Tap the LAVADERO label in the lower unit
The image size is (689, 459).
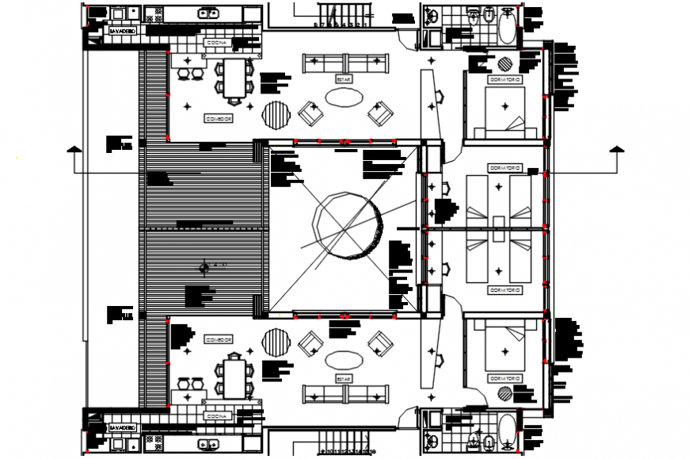pos(124,427)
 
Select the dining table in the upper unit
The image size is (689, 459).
pos(234,78)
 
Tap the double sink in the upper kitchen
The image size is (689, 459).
pos(208,13)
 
